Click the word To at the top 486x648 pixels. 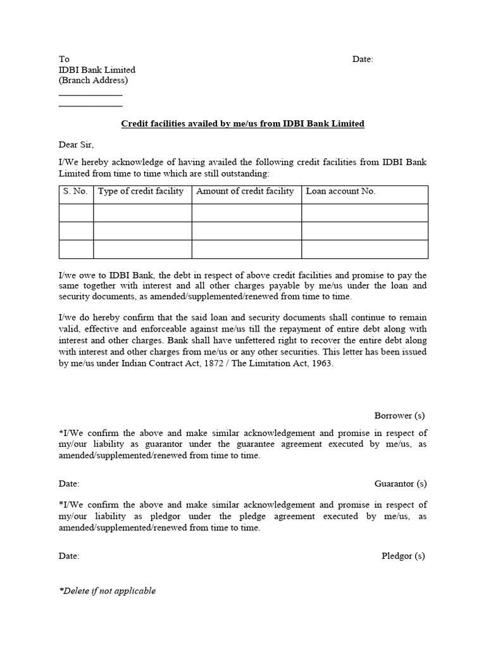pyautogui.click(x=64, y=59)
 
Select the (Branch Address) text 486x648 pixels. pyautogui.click(x=93, y=81)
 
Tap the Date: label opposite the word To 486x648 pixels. pyautogui.click(x=363, y=59)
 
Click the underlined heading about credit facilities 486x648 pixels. pyautogui.click(x=242, y=124)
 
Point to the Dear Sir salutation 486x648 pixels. pyautogui.click(x=77, y=145)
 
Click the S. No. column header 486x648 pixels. pyautogui.click(x=75, y=192)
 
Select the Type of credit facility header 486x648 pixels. pyautogui.click(x=141, y=192)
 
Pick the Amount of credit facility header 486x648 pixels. pyautogui.click(x=246, y=192)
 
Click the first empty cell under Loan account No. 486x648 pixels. pyautogui.click(x=364, y=213)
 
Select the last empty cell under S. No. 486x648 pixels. pyautogui.click(x=76, y=249)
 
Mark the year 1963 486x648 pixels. pyautogui.click(x=321, y=365)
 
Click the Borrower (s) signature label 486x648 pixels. pyautogui.click(x=399, y=416)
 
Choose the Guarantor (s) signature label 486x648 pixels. pyautogui.click(x=401, y=484)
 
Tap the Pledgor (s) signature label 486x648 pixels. pyautogui.click(x=403, y=556)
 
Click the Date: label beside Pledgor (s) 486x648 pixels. pyautogui.click(x=69, y=556)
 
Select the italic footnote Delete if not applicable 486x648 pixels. pyautogui.click(x=108, y=591)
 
